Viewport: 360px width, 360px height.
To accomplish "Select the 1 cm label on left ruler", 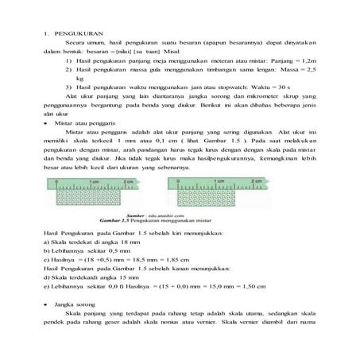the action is point(95,182).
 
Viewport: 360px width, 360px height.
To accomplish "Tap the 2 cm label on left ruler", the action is point(137,182).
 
